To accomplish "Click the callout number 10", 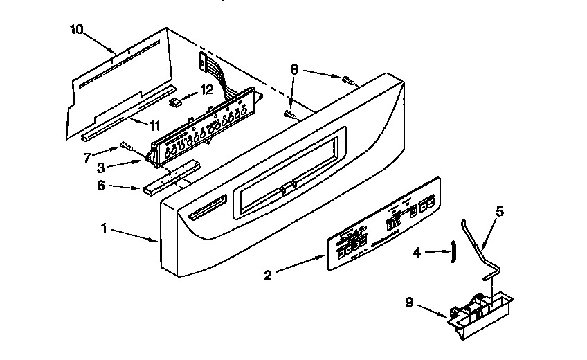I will click(x=76, y=29).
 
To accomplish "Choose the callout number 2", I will click(x=269, y=275).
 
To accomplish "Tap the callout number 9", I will click(x=409, y=302).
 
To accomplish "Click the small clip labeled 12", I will click(x=176, y=102).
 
